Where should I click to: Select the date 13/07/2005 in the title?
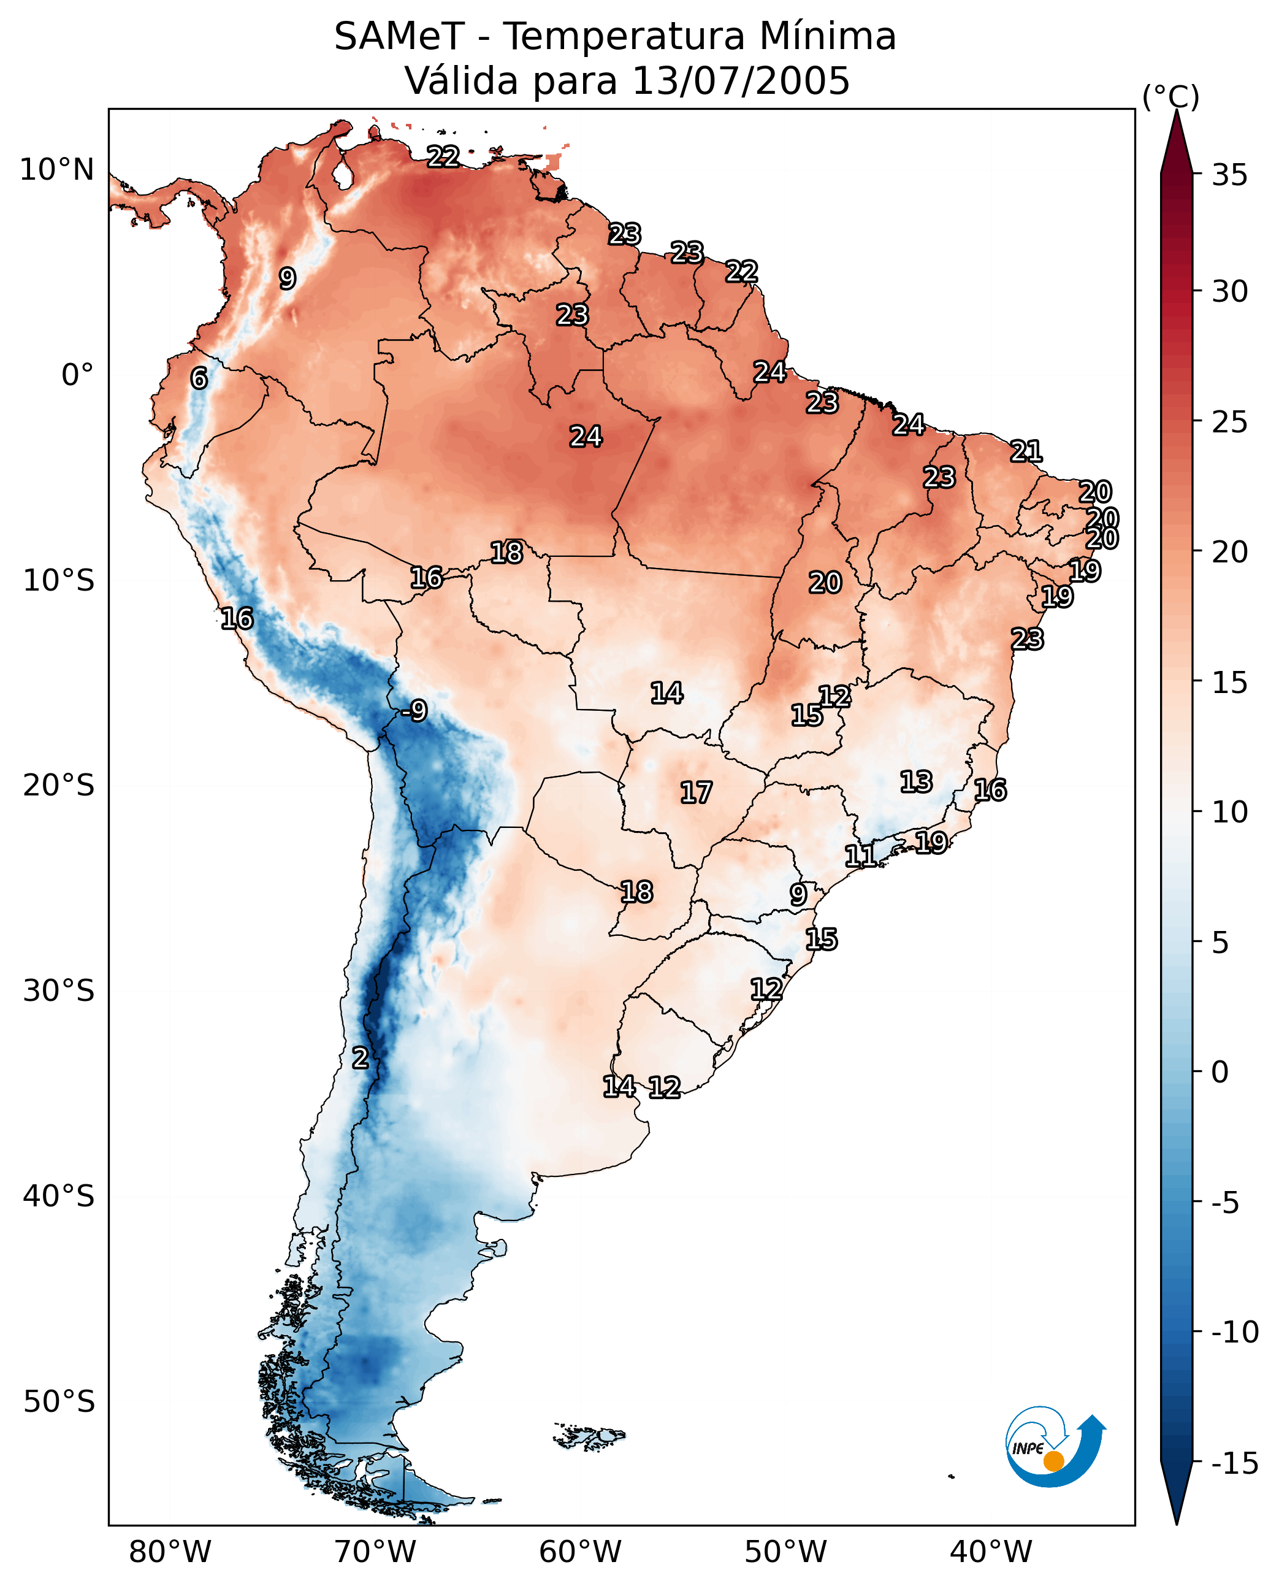[x=741, y=80]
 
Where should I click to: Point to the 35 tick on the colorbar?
[x=1229, y=175]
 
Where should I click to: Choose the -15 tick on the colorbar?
[x=1235, y=1464]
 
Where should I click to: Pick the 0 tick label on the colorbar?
[x=1220, y=1071]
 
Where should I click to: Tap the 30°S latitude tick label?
[x=59, y=990]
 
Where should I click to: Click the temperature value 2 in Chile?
[x=359, y=1057]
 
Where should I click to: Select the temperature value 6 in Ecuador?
[x=199, y=378]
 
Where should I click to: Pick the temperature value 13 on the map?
[x=916, y=781]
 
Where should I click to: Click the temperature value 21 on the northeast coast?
[x=1026, y=450]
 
